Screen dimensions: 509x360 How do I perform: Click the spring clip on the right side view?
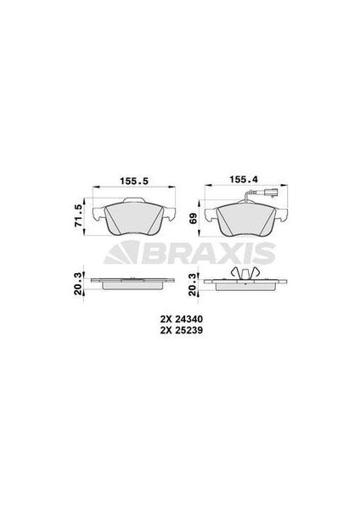[245, 272]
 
